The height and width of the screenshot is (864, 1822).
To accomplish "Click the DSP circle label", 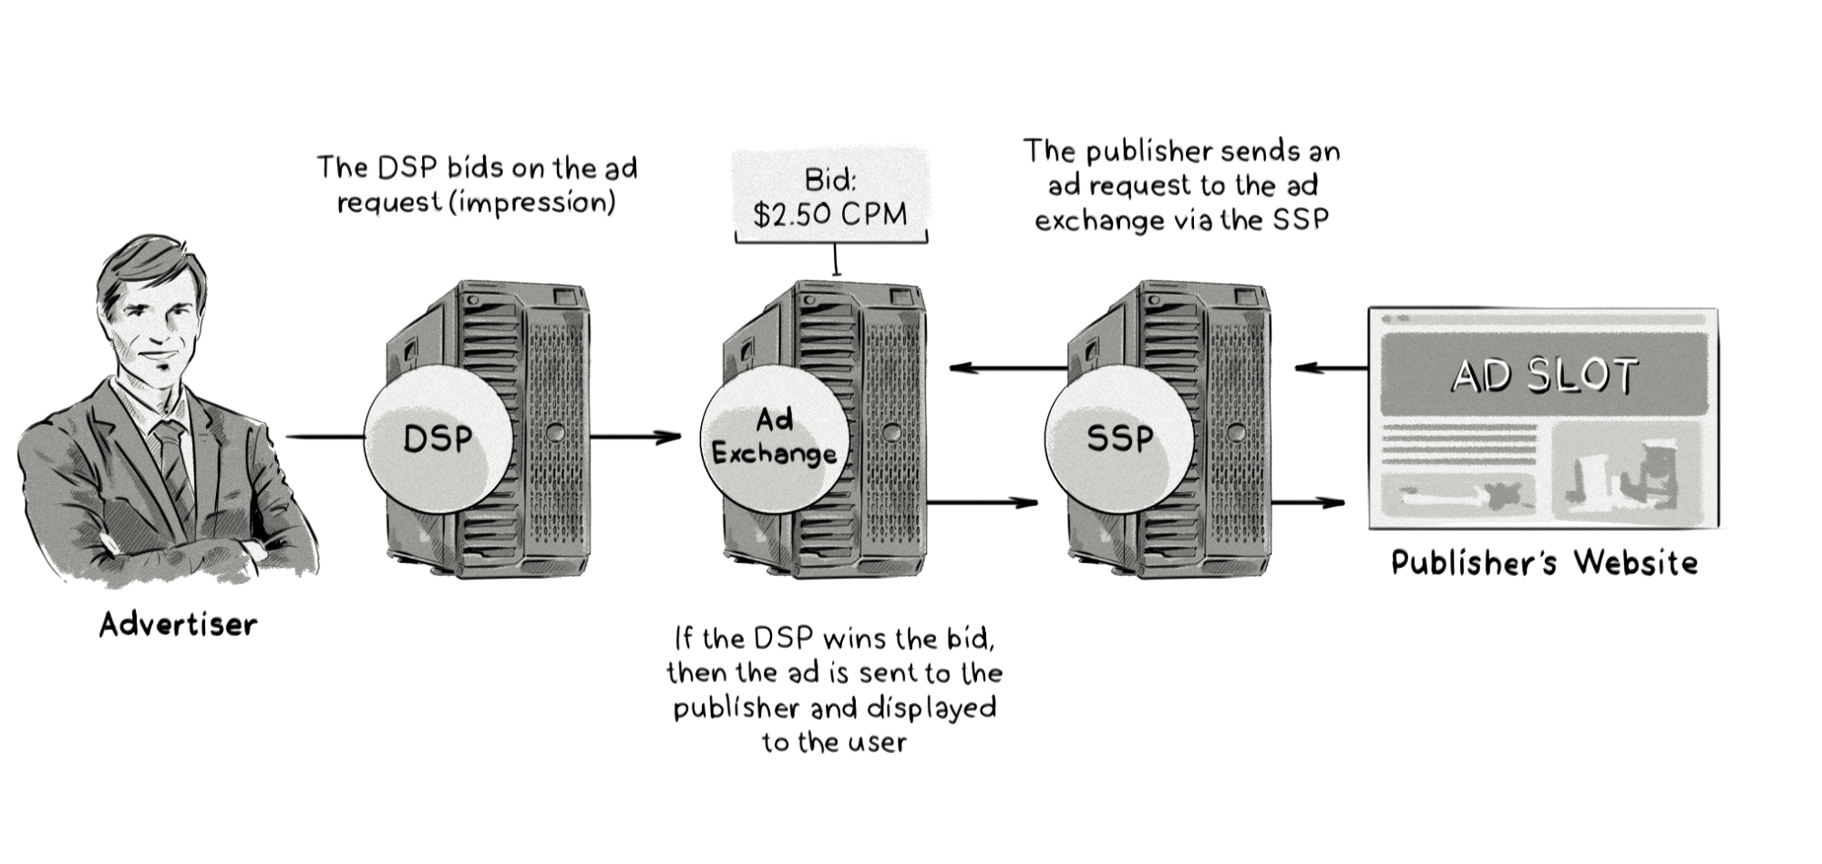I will click(437, 439).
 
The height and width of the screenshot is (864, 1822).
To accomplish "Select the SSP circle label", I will click(1119, 438).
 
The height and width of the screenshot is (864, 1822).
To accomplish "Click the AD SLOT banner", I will click(1543, 375).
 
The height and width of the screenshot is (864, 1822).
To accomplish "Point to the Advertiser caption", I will click(178, 625).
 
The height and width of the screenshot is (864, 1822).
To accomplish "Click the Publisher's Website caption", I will click(1544, 562).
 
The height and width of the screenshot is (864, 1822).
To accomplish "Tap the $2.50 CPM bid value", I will click(830, 214).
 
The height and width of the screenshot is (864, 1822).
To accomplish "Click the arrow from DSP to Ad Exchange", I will click(635, 437).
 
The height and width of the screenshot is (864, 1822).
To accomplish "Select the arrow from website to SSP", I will click(1331, 368).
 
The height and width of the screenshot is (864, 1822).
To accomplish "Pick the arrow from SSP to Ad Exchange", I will click(1007, 368).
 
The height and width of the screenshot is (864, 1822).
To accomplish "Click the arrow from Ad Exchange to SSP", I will click(983, 502).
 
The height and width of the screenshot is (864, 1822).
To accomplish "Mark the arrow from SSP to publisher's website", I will click(1308, 502).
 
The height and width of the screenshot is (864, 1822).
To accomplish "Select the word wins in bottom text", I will click(855, 638).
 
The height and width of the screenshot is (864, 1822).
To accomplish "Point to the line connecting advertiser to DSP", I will click(324, 437).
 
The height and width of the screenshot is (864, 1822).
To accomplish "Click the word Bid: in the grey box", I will click(830, 180).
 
